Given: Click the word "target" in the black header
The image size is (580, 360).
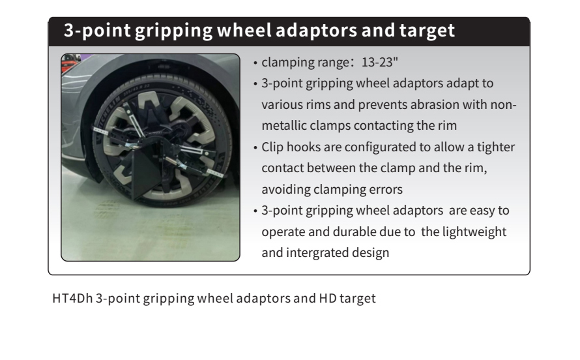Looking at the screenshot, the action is click(x=427, y=31).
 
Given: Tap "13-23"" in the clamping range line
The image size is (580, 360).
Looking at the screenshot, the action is click(x=379, y=62).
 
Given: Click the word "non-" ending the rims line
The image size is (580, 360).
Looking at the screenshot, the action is click(x=504, y=105).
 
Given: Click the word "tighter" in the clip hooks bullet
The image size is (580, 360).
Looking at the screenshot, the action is click(x=496, y=147).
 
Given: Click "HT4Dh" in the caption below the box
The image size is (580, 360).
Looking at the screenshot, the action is click(x=72, y=298).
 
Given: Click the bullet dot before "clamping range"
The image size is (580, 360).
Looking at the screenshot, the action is click(x=255, y=63).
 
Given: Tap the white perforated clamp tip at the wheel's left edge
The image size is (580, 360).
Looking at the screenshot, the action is click(x=100, y=130).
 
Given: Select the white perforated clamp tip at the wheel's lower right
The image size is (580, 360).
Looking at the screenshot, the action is click(x=215, y=172).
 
